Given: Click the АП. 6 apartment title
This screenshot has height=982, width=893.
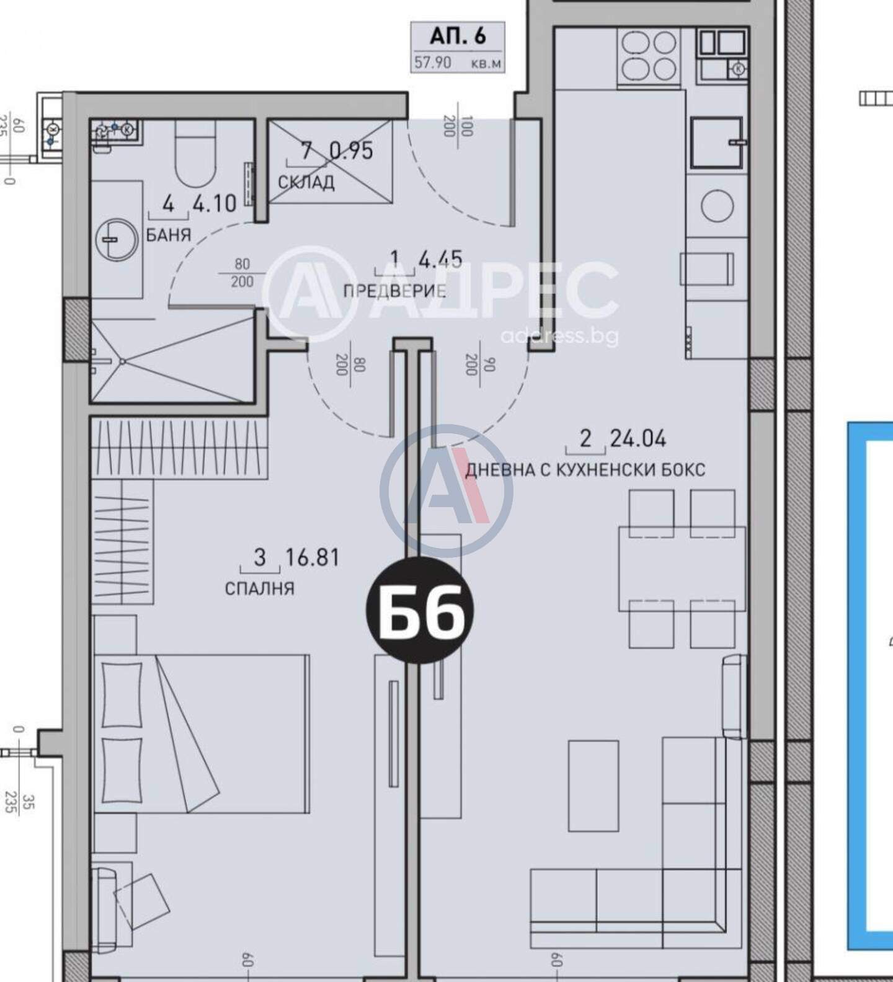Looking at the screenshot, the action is coord(458,37).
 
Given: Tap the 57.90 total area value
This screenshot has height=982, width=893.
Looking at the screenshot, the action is coord(433,63).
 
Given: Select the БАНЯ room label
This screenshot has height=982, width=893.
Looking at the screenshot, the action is coord(169,234).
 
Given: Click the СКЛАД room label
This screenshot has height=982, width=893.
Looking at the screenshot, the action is coord(306,182).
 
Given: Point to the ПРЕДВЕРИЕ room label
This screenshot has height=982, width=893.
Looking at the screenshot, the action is coord(394,291).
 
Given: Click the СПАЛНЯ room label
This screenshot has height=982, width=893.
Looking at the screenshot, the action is coord(259,588).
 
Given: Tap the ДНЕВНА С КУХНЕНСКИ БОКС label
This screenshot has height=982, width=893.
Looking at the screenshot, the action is coord(585,470).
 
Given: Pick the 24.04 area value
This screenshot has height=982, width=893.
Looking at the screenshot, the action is coord(638,439).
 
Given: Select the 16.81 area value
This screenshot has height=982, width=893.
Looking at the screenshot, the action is coord(312,558).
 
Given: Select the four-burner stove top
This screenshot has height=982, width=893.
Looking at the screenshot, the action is coord(648,58).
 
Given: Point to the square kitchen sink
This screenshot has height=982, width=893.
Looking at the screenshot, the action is coord(717,143).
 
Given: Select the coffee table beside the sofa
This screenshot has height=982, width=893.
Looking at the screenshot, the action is coord(593,785).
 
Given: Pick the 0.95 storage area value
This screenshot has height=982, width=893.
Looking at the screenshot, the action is coord(351,151).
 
